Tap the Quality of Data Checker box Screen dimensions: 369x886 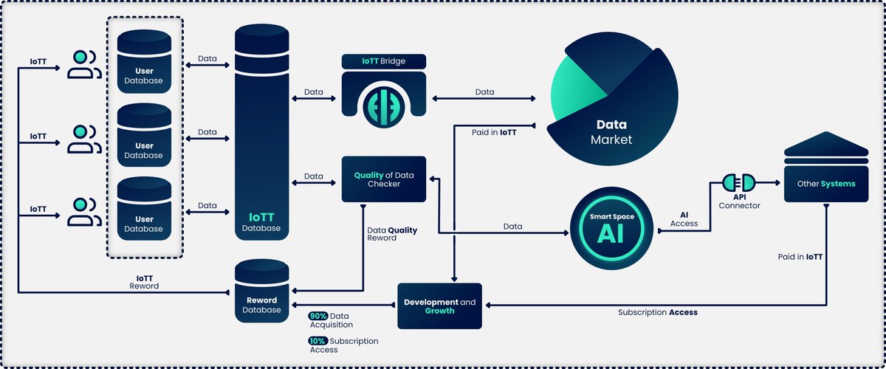click(382, 179)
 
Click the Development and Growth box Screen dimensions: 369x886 click(439, 306)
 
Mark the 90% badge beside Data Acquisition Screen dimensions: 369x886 click(318, 316)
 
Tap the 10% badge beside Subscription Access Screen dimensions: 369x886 click(318, 341)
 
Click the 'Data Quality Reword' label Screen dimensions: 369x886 click(391, 234)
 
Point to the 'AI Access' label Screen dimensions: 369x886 click(684, 218)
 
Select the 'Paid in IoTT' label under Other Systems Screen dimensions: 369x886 click(800, 258)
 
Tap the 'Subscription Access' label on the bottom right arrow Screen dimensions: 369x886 click(657, 312)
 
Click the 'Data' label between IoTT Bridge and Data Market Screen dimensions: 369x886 click(484, 92)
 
